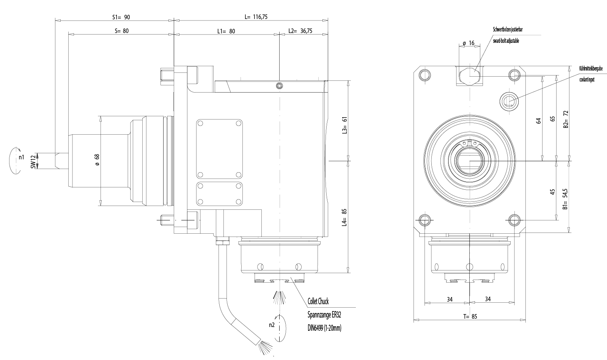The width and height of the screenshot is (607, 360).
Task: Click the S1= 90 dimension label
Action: (x=121, y=17)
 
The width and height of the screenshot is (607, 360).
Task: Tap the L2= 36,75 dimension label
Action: (x=300, y=31)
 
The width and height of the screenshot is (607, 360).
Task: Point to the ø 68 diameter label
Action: (x=97, y=160)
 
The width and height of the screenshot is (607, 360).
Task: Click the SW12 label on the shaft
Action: (x=33, y=161)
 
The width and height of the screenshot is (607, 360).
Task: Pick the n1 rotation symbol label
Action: (x=22, y=157)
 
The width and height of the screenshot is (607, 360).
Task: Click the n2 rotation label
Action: (x=271, y=325)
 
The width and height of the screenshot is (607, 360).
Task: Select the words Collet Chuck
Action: (x=318, y=302)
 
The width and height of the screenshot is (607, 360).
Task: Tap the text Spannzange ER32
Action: (x=322, y=315)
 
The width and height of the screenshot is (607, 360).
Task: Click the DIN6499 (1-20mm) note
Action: (x=324, y=328)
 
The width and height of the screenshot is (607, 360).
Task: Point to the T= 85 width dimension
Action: (x=470, y=317)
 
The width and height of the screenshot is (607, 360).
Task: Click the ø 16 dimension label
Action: (x=469, y=43)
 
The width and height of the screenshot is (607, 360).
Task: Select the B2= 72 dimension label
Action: (x=565, y=119)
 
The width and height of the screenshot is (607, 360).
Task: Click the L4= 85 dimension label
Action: (x=344, y=217)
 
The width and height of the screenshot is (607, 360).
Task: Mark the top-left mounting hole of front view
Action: (x=425, y=74)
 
